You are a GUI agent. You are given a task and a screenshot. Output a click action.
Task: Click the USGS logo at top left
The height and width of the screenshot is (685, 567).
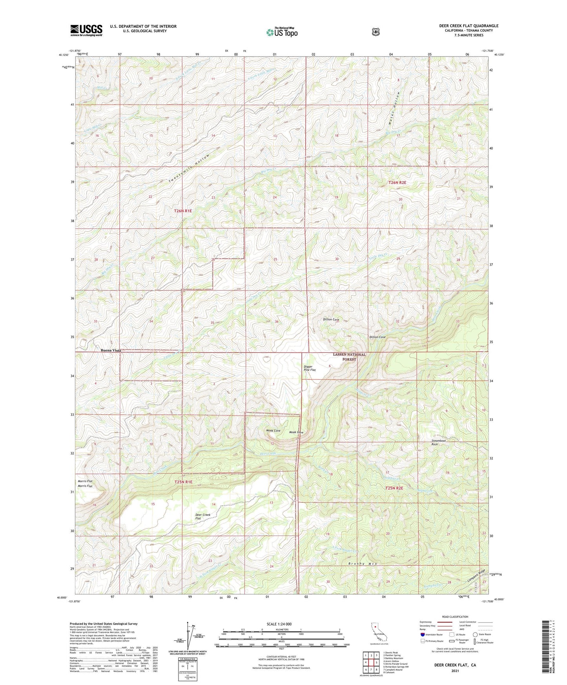click(86, 30)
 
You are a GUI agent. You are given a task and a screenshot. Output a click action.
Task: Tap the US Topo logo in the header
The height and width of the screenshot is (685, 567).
click(282, 32)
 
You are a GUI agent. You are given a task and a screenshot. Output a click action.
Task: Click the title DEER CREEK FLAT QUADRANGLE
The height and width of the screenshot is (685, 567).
click(469, 26)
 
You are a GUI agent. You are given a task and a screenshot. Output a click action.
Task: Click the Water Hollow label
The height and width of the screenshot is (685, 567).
click(394, 108)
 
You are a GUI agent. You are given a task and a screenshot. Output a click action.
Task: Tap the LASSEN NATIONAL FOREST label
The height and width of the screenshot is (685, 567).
click(349, 357)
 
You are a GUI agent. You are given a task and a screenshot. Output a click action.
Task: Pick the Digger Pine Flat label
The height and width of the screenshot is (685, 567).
click(310, 368)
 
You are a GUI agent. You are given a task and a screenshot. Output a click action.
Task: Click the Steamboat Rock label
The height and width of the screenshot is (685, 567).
click(438, 442)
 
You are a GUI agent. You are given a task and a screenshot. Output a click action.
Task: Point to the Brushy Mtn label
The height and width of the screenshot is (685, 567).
click(362, 564)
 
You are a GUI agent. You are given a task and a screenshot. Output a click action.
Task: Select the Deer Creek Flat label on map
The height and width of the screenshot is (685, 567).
click(203, 516)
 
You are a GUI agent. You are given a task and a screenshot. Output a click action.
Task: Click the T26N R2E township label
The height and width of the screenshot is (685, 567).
click(397, 182)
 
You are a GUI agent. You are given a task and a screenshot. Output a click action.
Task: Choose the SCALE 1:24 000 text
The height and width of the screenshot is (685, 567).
click(279, 624)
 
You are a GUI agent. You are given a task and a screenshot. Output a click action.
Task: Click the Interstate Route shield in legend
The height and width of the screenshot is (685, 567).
click(422, 634)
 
